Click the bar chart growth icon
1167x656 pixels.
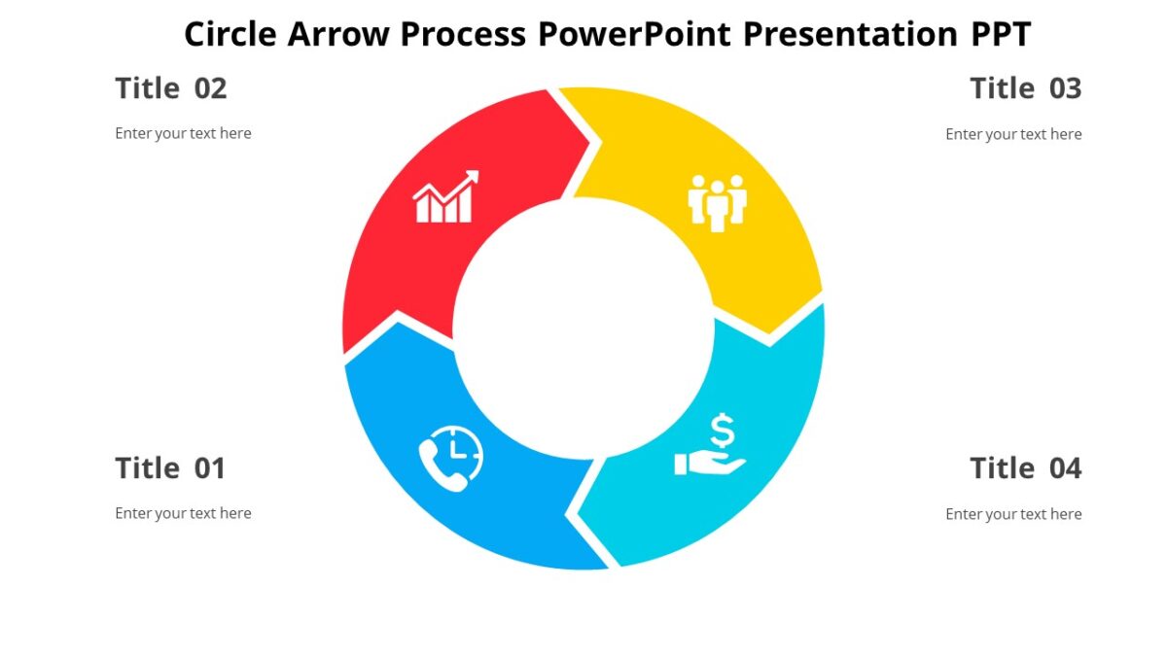click(x=446, y=197)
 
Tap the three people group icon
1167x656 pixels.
click(x=717, y=202)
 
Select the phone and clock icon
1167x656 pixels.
click(x=450, y=458)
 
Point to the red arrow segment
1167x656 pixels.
click(x=408, y=262)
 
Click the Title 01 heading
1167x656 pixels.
click(x=170, y=468)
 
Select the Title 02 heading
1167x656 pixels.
click(x=170, y=88)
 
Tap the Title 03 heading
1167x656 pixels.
click(x=1025, y=88)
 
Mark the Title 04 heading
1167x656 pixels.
click(x=1025, y=468)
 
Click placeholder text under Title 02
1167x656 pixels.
click(x=183, y=133)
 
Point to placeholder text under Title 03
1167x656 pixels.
click(x=1013, y=134)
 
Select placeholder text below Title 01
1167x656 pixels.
click(x=183, y=513)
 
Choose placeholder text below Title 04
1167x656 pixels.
click(x=1013, y=514)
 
